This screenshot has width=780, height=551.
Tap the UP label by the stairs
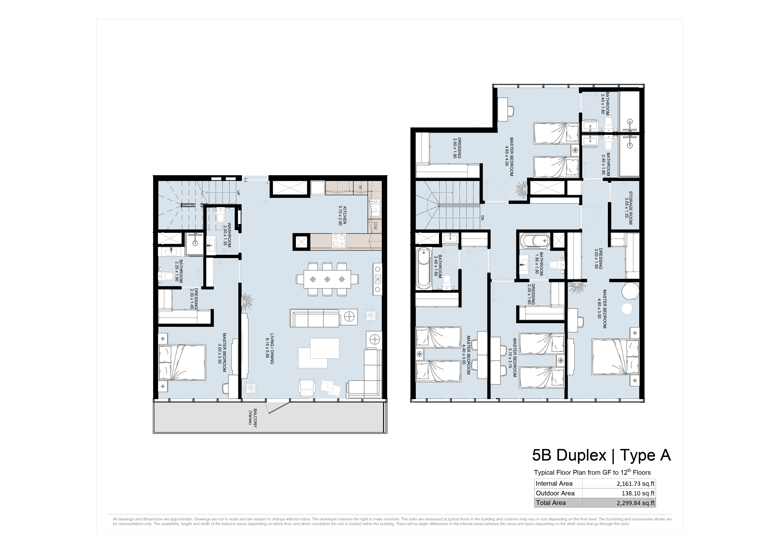[x=238, y=193]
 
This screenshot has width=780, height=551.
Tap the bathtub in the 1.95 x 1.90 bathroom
[x=534, y=241]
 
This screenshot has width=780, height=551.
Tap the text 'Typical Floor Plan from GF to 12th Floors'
[x=592, y=472]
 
